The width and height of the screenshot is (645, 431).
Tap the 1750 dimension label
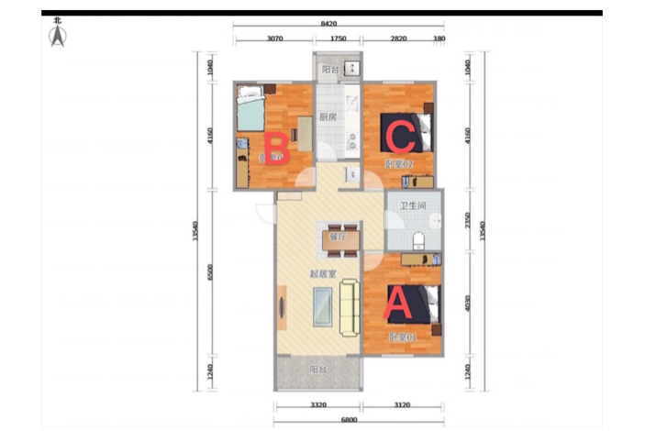click(x=338, y=39)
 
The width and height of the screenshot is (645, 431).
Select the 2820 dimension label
click(x=398, y=39)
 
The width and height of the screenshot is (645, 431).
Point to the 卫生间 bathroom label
click(x=411, y=205)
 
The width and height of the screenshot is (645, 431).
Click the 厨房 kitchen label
click(x=328, y=117)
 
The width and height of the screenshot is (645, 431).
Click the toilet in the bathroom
click(x=417, y=240)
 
